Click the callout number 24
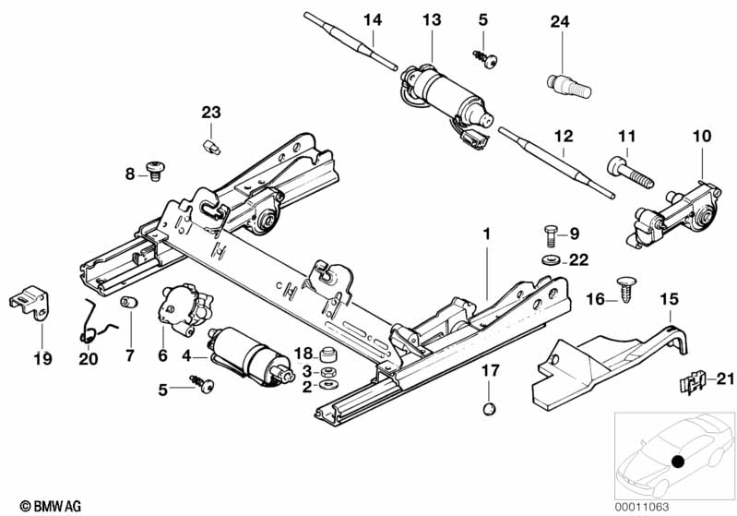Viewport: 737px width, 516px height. tap(560, 21)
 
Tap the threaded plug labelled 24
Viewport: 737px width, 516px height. tap(569, 86)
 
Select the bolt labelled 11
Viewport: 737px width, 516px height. tap(630, 173)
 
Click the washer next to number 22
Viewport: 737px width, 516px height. tap(551, 259)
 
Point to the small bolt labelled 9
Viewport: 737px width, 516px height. tap(552, 235)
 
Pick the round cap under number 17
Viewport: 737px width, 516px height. tap(489, 409)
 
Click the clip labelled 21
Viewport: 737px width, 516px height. tap(693, 381)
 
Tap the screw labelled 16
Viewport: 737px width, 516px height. tap(627, 289)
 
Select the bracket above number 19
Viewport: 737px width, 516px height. tap(30, 302)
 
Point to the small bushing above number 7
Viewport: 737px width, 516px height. tap(129, 302)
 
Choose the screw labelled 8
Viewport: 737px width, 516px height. tap(155, 170)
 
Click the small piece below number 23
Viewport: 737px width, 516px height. tap(211, 147)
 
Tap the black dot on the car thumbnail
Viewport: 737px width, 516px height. tap(677, 462)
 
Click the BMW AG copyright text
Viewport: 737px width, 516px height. tap(51, 506)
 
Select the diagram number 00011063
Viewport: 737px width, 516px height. tap(642, 507)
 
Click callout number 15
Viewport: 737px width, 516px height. tap(670, 299)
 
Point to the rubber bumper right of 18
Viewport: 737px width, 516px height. tap(327, 354)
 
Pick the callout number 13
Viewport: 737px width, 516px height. tap(432, 20)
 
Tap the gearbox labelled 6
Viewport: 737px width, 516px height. tap(184, 310)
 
